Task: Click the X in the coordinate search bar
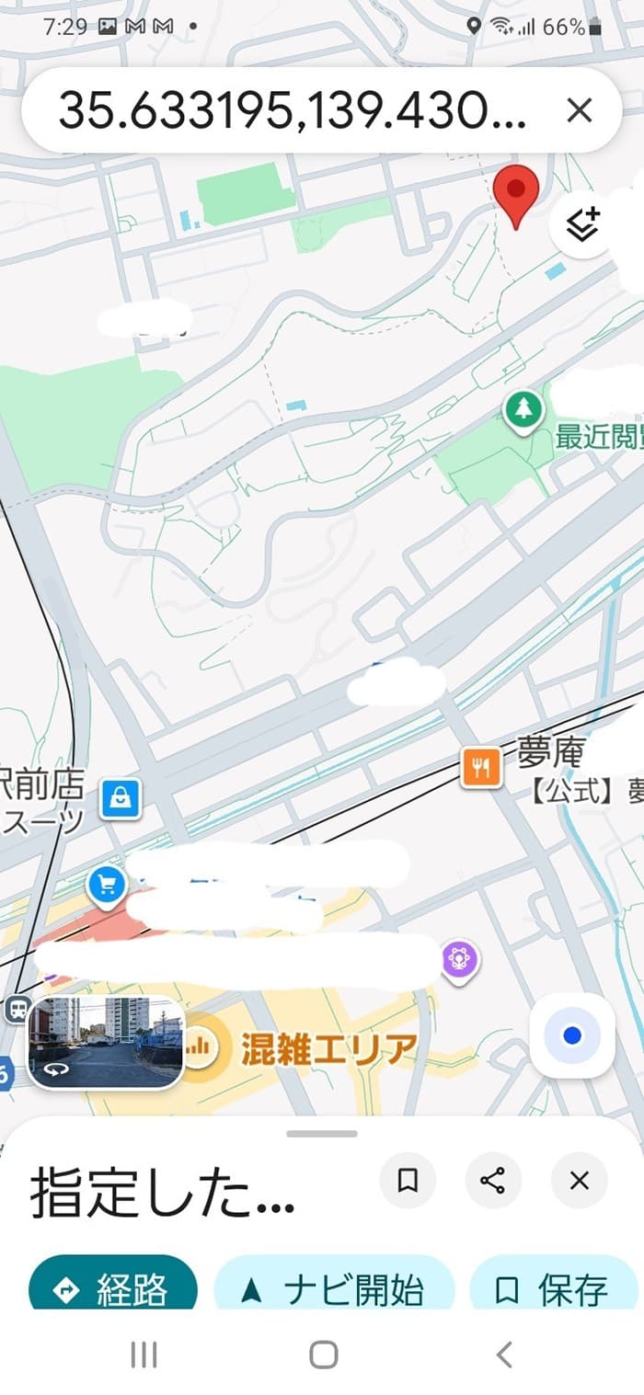579,111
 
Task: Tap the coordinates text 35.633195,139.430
293,112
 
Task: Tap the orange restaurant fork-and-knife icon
481,765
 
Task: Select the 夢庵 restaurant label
550,754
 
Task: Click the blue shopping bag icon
121,796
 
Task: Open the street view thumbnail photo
106,1042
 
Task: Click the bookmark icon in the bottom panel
408,1180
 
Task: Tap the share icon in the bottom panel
493,1180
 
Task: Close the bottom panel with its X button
579,1180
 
